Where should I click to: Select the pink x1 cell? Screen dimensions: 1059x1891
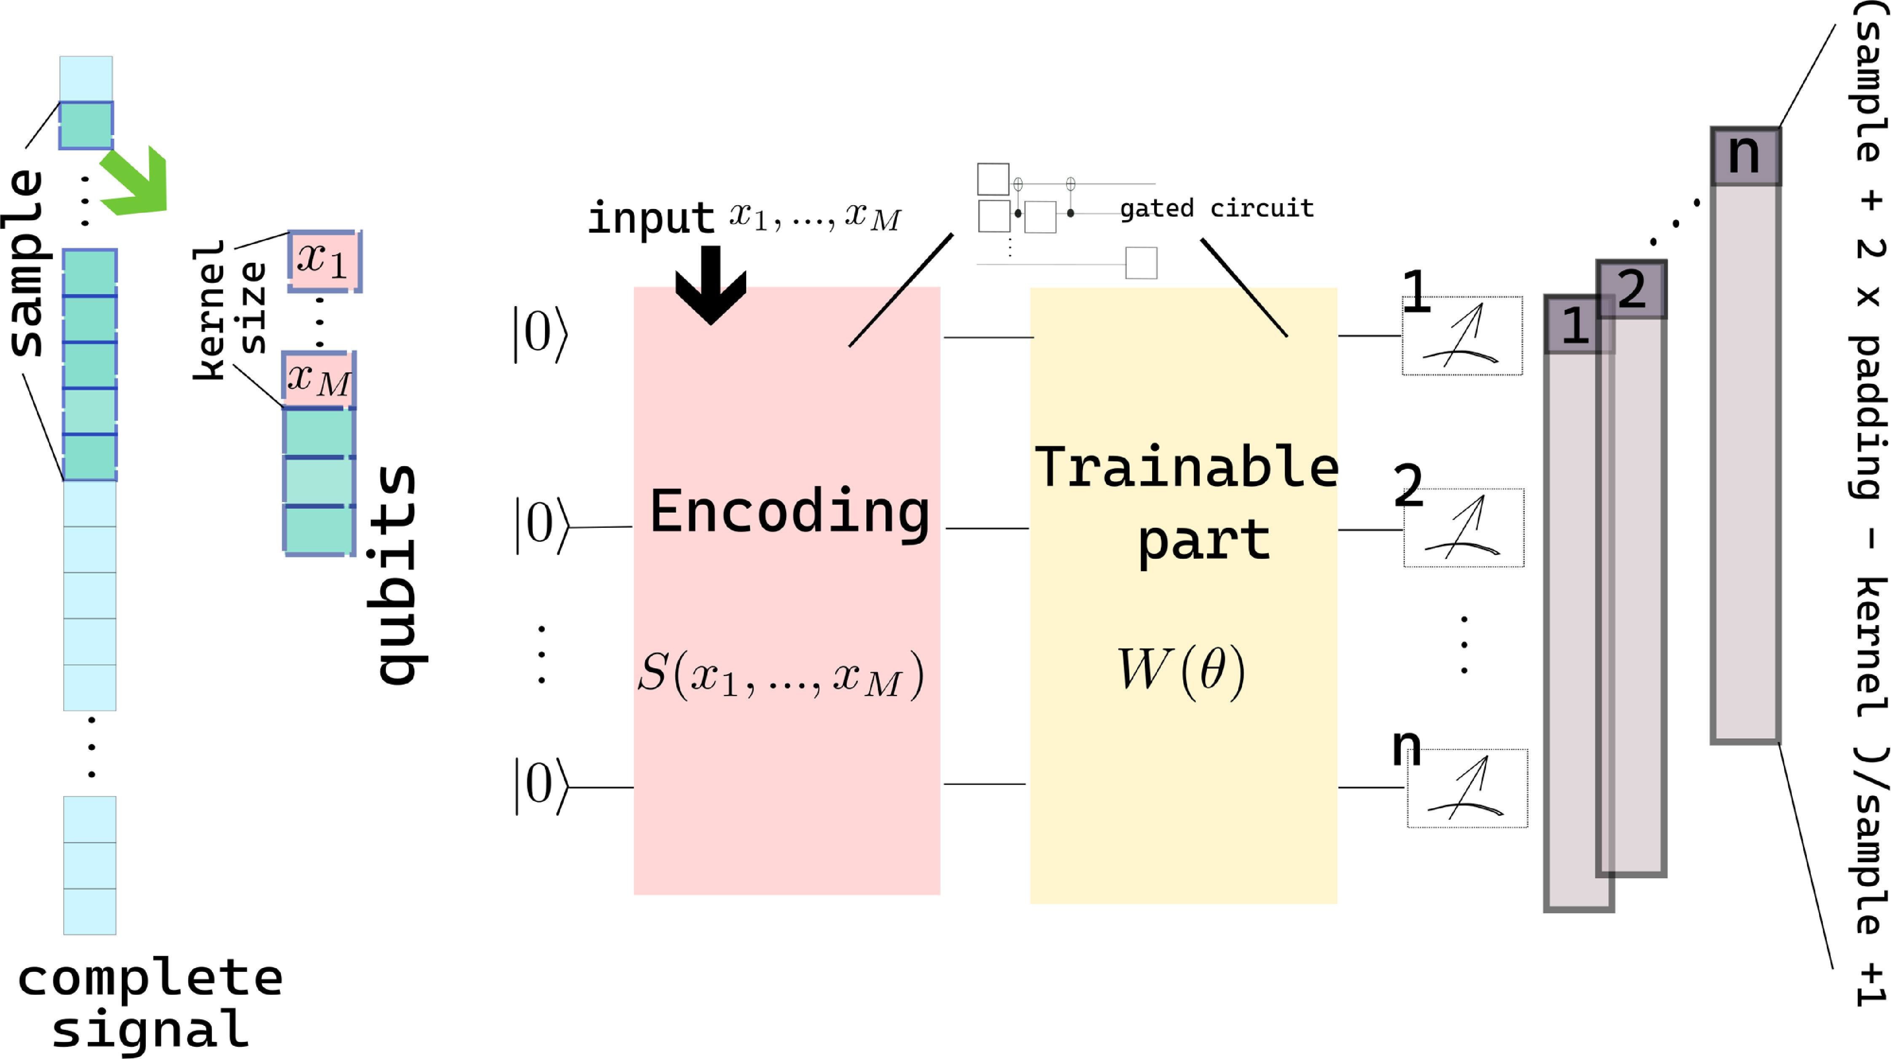tap(324, 260)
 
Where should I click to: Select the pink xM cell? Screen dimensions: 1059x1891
tap(319, 380)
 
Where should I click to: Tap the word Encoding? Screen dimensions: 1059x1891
tap(789, 512)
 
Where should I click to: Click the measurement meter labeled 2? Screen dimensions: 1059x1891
tap(1464, 528)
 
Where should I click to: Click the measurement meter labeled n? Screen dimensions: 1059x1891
tap(1467, 788)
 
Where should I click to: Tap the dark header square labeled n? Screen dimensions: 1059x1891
tap(1745, 156)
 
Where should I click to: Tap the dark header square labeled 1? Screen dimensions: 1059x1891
tap(1577, 325)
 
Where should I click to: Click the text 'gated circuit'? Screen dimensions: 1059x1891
tap(1217, 209)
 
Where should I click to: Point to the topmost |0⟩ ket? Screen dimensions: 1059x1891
tap(540, 334)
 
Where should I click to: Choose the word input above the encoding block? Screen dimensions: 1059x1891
tap(650, 218)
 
